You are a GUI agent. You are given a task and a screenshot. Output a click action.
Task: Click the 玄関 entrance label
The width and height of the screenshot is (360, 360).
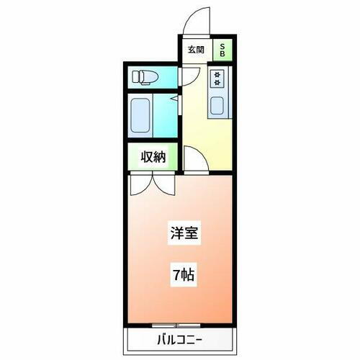[x=196, y=50]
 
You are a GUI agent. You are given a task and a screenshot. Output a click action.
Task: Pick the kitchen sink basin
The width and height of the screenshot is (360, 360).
[x=218, y=105]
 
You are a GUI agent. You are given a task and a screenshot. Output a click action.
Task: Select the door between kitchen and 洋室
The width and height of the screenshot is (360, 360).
[x=196, y=160]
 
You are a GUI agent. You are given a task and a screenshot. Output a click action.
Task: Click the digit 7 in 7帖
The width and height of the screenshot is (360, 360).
[x=175, y=275]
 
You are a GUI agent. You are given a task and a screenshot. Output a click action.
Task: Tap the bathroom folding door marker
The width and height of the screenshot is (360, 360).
[x=175, y=97]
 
